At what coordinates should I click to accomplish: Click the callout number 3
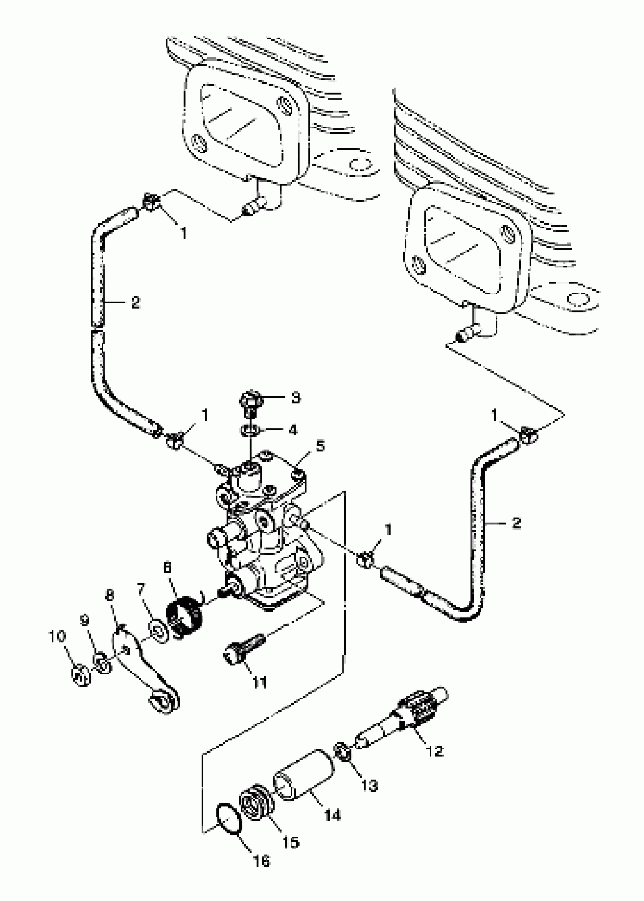(295, 398)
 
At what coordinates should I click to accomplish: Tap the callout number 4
(293, 430)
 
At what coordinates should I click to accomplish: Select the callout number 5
(320, 446)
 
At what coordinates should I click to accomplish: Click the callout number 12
(435, 751)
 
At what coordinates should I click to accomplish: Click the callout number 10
(57, 637)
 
